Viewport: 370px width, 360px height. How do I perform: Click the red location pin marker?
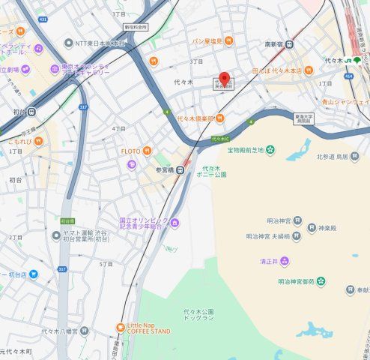click(x=224, y=79)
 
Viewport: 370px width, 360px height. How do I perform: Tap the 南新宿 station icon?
click(x=290, y=43)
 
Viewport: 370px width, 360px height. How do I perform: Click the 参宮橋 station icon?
click(x=170, y=169)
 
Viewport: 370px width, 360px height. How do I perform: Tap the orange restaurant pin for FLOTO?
click(x=148, y=151)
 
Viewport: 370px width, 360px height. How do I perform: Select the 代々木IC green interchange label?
click(x=219, y=139)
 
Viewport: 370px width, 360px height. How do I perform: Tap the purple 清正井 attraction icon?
click(x=285, y=261)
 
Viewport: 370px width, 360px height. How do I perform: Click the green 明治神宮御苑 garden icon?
click(x=321, y=281)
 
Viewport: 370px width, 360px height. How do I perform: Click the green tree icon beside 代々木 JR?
click(x=357, y=60)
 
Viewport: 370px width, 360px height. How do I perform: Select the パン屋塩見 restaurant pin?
click(x=228, y=40)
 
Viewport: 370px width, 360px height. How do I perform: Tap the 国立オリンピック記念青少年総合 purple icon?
click(x=175, y=222)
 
